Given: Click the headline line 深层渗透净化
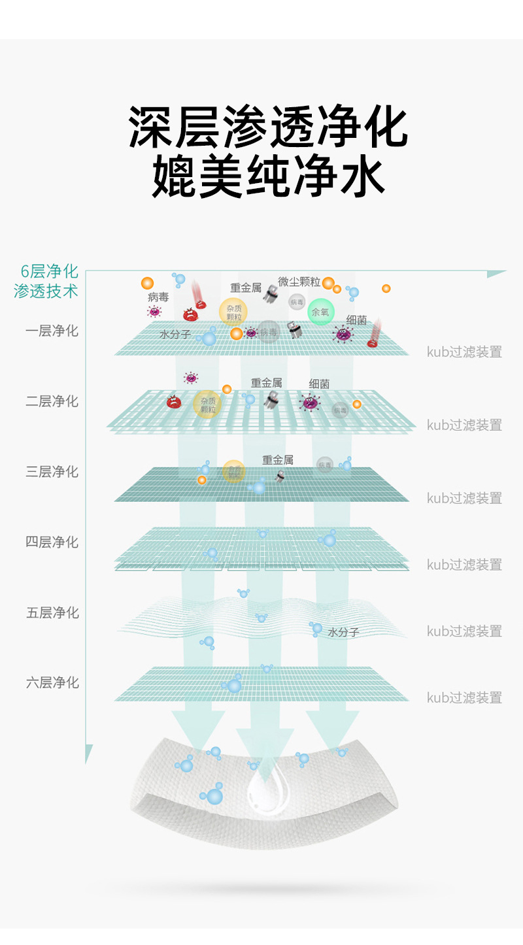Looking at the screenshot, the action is click(x=268, y=128).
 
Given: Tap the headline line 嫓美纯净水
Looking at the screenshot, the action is click(x=268, y=176).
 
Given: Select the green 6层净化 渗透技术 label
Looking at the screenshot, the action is click(x=46, y=282).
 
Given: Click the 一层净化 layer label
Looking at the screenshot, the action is click(x=52, y=331).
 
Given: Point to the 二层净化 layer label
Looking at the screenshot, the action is click(x=52, y=401).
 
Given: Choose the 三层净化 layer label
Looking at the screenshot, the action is click(x=52, y=472).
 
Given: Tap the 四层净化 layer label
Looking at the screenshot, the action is click(x=52, y=542).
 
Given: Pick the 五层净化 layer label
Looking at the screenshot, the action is click(x=52, y=613).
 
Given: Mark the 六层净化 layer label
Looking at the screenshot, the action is click(x=52, y=683).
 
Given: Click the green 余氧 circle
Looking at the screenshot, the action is click(x=320, y=312).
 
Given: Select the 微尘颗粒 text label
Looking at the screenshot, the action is click(x=299, y=282).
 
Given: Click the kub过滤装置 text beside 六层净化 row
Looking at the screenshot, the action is click(x=464, y=697).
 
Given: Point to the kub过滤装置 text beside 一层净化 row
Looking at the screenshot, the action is click(x=464, y=352).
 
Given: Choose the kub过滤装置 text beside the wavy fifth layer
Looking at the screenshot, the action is click(x=464, y=631).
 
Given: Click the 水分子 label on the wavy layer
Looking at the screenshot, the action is click(x=343, y=632).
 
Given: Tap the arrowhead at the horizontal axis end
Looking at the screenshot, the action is click(x=498, y=274).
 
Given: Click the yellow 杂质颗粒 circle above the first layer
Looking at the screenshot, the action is click(x=233, y=312).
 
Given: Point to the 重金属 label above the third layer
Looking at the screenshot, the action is click(x=278, y=460).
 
